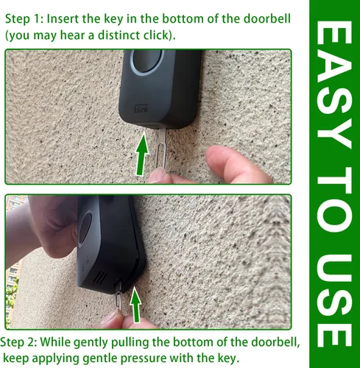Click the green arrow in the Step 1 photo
click(142, 155)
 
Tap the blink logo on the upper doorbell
click(141, 109)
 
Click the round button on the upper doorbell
click(147, 62)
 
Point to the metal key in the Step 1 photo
click(161, 149)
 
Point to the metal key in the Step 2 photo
click(119, 296)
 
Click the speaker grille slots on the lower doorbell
click(101, 277)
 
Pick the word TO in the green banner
click(334, 199)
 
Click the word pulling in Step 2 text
click(130, 343)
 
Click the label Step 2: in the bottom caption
click(18, 342)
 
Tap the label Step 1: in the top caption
click(24, 19)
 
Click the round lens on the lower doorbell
click(85, 230)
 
